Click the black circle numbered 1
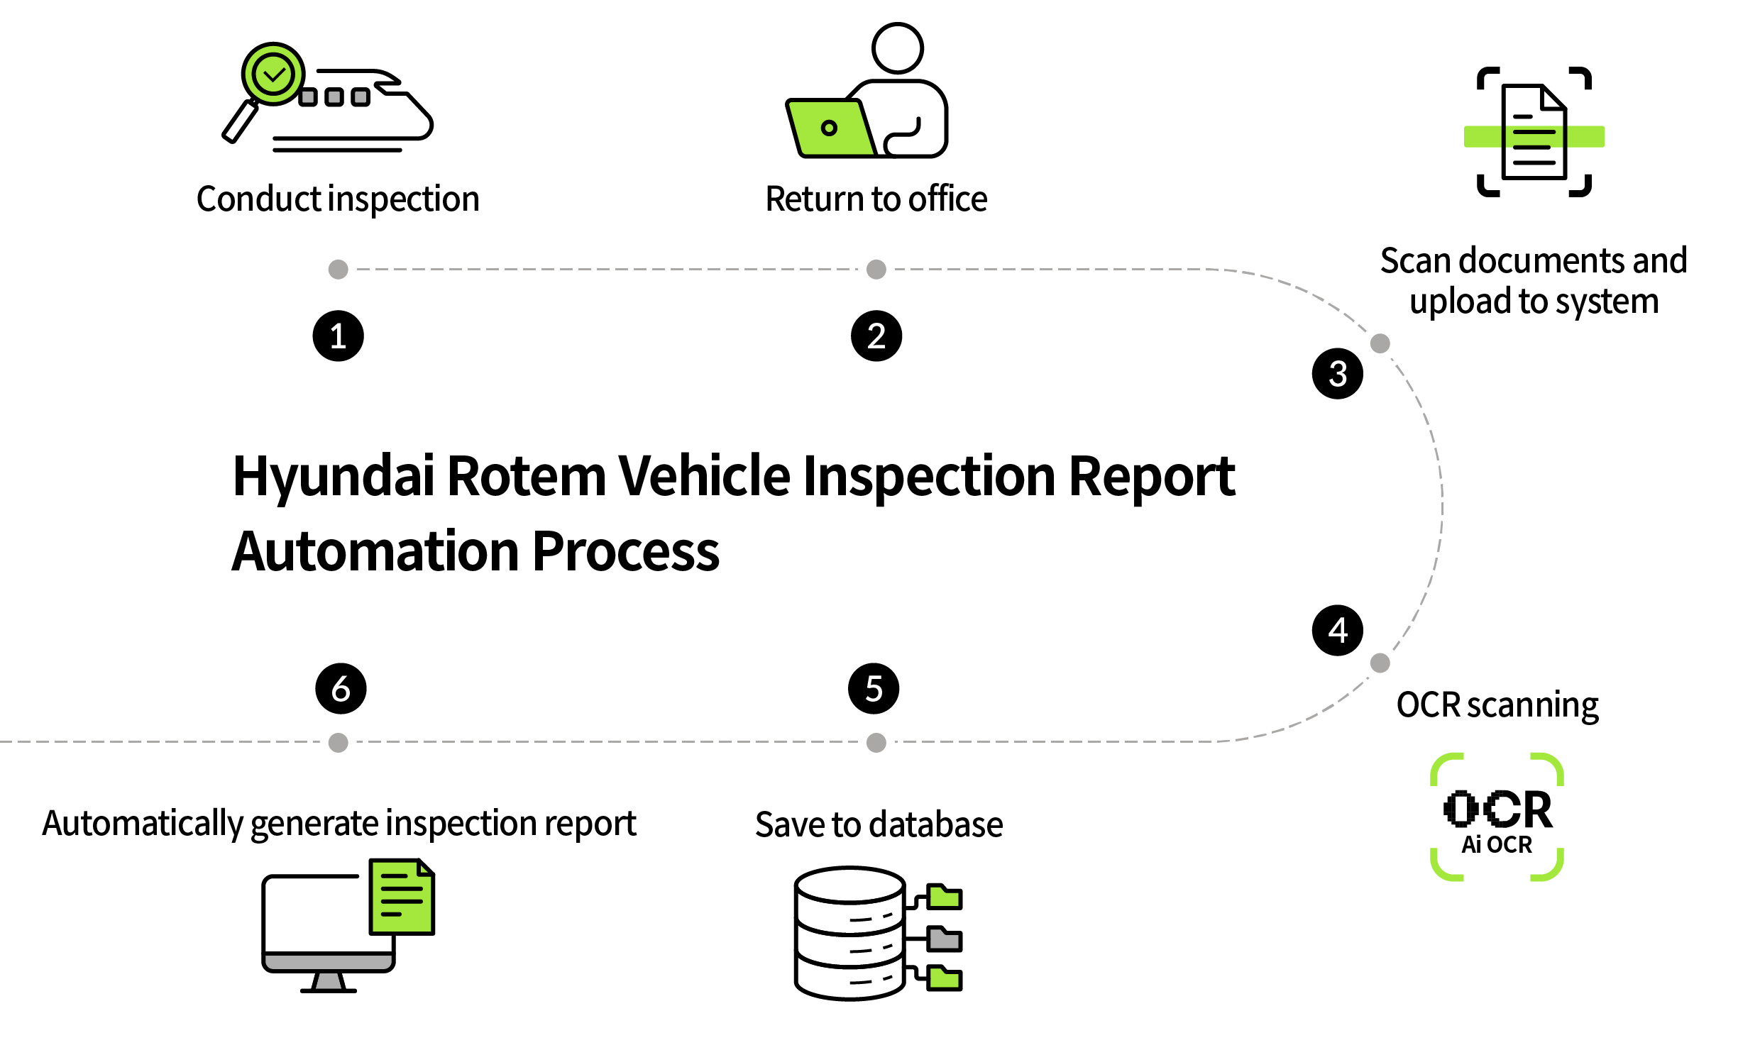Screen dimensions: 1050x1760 (x=338, y=336)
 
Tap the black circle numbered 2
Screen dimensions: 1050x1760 (x=876, y=336)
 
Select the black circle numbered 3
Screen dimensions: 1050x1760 (x=1337, y=373)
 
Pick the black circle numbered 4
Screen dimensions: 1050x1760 (x=1337, y=630)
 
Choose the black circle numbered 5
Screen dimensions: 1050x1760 (x=874, y=688)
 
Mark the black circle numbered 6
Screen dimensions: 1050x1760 (x=341, y=688)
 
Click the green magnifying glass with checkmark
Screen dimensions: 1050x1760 (x=273, y=74)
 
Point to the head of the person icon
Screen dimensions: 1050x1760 (x=898, y=48)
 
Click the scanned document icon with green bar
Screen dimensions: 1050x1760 (x=1534, y=133)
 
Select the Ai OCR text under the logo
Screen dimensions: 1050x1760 (x=1497, y=844)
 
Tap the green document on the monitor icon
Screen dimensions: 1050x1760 (x=402, y=897)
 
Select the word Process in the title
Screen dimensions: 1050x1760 (x=625, y=552)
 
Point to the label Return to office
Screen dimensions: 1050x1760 (x=876, y=199)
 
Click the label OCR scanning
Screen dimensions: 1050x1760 (x=1497, y=705)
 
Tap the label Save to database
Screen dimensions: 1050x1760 (x=879, y=824)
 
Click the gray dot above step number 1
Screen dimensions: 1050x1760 (x=338, y=269)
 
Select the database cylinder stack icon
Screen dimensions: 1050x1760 (x=849, y=932)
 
